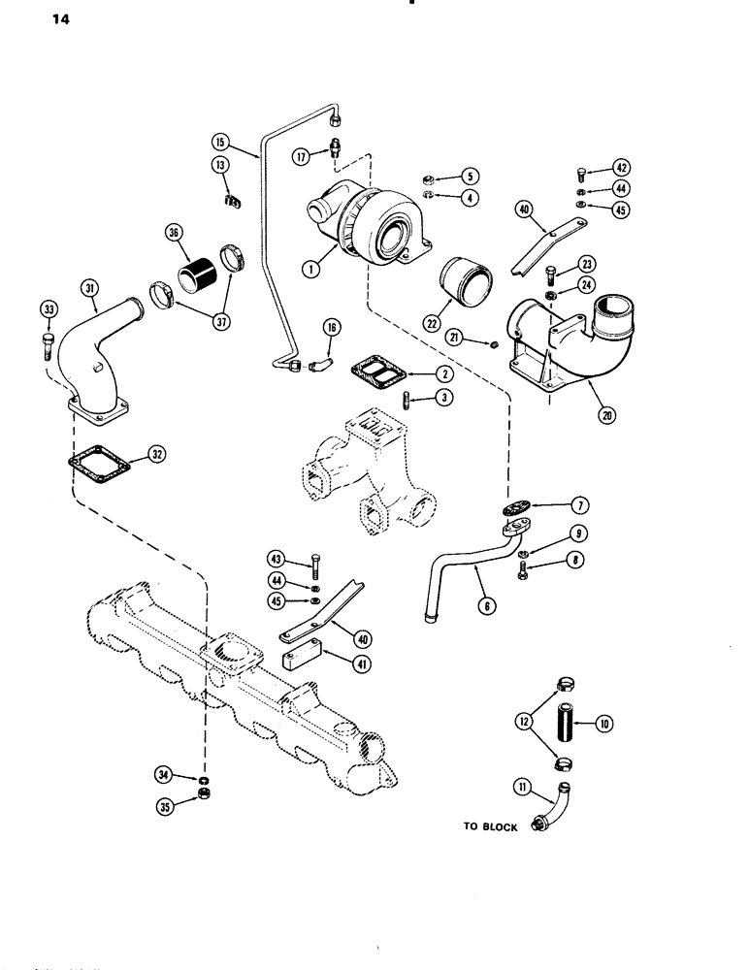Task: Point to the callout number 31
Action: point(88,288)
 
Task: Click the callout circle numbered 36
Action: point(176,234)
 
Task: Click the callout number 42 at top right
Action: point(622,168)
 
